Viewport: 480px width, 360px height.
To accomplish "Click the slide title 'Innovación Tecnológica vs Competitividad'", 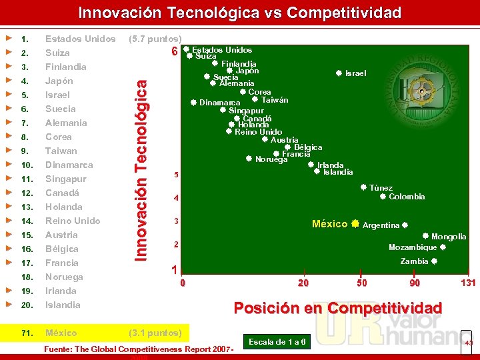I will pyautogui.click(x=240, y=13).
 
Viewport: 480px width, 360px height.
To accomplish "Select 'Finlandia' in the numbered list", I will pyautogui.click(x=65, y=67).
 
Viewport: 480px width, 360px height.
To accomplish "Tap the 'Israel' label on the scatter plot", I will pyautogui.click(x=355, y=73).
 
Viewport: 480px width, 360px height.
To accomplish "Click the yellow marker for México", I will pyautogui.click(x=355, y=224).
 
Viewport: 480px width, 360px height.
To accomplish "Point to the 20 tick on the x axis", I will pyautogui.click(x=303, y=283).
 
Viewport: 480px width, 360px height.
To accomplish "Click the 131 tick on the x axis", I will pyautogui.click(x=468, y=283).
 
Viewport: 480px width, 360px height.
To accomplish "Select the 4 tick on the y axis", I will pyautogui.click(x=175, y=198).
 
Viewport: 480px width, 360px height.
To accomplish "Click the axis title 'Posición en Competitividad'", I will pyautogui.click(x=337, y=307).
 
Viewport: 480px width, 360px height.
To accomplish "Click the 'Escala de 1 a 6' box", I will pyautogui.click(x=277, y=342).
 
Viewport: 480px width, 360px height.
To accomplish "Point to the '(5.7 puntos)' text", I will pyautogui.click(x=155, y=39).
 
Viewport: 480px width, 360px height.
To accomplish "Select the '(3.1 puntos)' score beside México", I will pyautogui.click(x=155, y=333).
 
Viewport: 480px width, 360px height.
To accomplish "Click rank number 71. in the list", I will pyautogui.click(x=27, y=333).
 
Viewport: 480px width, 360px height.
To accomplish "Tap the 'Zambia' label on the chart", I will pyautogui.click(x=414, y=261).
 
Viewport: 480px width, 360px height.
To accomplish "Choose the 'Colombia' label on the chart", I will pyautogui.click(x=407, y=197).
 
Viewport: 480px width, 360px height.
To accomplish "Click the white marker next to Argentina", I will pyautogui.click(x=405, y=225).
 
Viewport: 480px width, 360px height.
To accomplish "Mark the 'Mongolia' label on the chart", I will pyautogui.click(x=449, y=237).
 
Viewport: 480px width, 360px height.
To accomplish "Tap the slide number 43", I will pyautogui.click(x=469, y=343).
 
